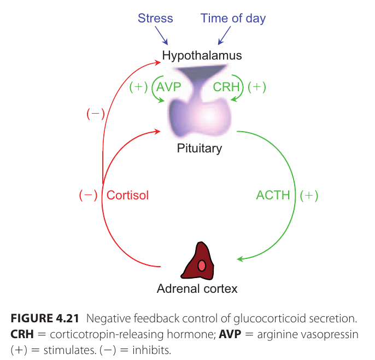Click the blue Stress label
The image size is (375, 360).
point(155,18)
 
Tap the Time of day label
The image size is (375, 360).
point(233,18)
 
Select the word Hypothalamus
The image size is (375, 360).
point(202,55)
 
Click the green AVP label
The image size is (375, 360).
point(168,87)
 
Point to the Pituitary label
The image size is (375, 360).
point(200,148)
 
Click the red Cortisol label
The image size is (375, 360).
point(127,195)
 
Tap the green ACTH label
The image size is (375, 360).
point(273,195)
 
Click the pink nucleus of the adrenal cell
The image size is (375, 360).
point(202,265)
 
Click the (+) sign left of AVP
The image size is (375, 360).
point(138,87)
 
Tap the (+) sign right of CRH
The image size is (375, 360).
point(256,87)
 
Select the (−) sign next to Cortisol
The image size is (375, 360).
point(88,195)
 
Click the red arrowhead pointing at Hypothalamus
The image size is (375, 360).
point(157,61)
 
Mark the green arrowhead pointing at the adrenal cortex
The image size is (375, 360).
point(240,258)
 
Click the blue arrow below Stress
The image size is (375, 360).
point(163,37)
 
